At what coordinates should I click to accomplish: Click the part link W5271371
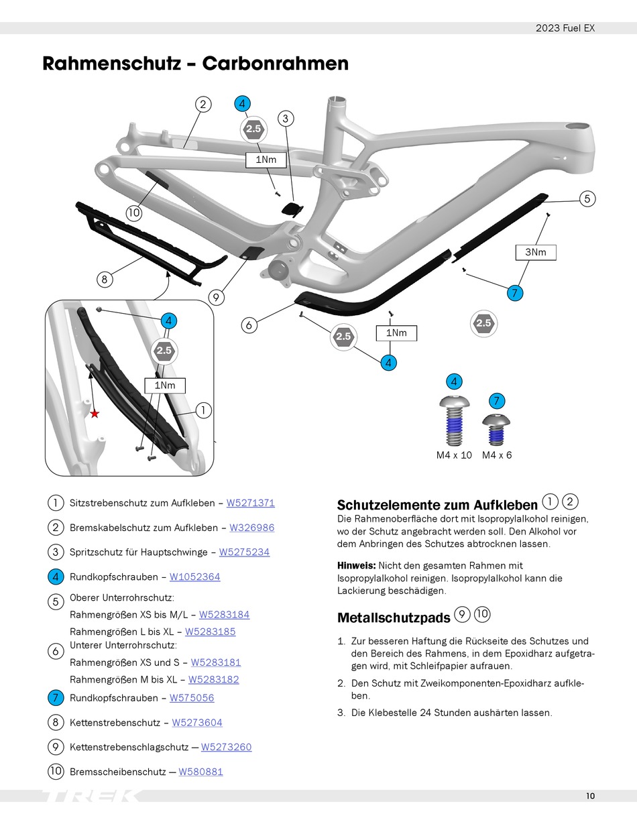[251, 503]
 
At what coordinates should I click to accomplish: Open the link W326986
[251, 528]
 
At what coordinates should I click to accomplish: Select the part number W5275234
[244, 552]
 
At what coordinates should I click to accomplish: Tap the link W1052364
[194, 577]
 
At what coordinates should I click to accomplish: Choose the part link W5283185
[210, 632]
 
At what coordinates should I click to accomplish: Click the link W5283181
[215, 662]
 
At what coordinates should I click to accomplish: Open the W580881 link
[200, 772]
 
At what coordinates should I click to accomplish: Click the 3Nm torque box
[536, 252]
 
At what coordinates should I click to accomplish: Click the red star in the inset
[95, 414]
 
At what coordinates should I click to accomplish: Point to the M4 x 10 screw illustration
[454, 422]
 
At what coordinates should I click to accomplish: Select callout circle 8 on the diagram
[104, 280]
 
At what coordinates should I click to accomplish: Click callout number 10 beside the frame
[134, 213]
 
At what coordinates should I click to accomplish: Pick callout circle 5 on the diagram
[587, 198]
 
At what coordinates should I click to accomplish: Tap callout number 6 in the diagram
[249, 325]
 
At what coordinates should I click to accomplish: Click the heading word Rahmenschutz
[111, 64]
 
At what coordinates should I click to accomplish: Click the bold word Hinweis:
[355, 566]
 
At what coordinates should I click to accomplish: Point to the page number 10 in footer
[590, 797]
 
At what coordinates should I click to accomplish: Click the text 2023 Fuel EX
[565, 28]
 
